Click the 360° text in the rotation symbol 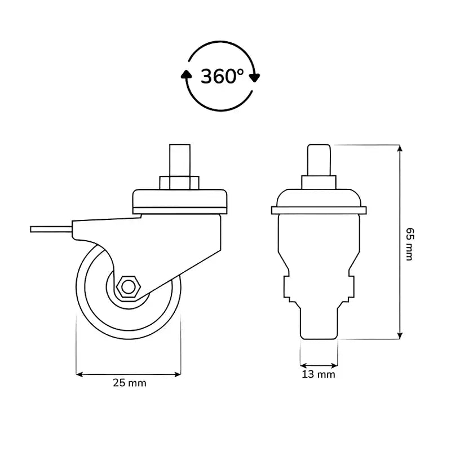click(x=222, y=76)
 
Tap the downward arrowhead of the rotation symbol click(x=254, y=78)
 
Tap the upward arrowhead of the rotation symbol click(x=187, y=74)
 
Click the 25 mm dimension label click(x=130, y=383)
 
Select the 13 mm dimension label click(x=319, y=374)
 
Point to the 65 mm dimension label click(x=410, y=244)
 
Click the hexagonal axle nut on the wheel click(x=129, y=287)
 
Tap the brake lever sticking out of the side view click(x=51, y=229)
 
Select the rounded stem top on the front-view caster click(x=319, y=160)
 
